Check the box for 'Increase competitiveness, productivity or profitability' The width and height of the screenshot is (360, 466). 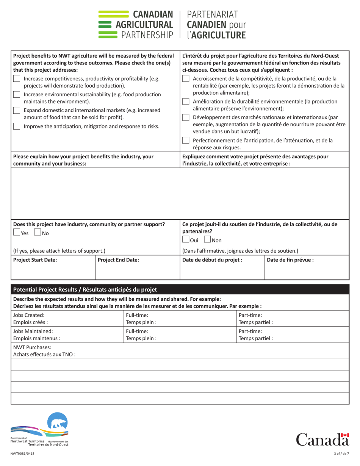(17, 79)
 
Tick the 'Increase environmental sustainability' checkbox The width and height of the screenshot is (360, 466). (17, 95)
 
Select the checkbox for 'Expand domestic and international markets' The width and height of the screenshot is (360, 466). (17, 110)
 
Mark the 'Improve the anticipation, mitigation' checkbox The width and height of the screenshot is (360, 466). (17, 126)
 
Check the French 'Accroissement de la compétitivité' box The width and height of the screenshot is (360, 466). (186, 79)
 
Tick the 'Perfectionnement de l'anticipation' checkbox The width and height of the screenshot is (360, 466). (186, 141)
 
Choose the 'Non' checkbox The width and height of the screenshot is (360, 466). (207, 240)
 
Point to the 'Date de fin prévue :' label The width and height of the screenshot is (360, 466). (290, 260)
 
